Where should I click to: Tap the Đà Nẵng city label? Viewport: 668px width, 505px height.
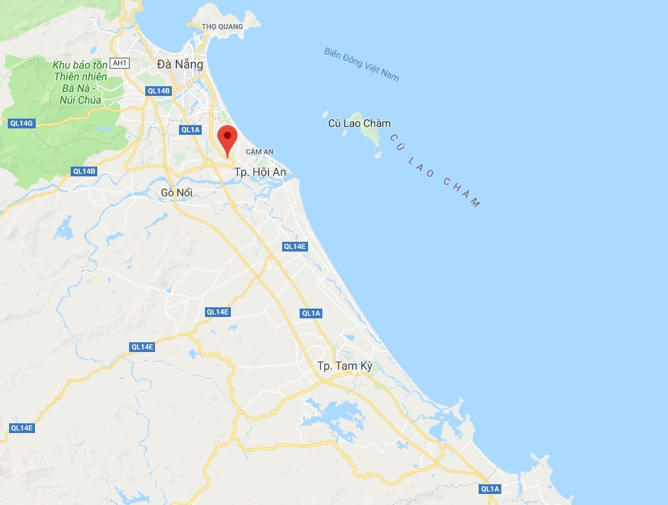(180, 64)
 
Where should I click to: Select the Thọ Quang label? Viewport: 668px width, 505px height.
(222, 27)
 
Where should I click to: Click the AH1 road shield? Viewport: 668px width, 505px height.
(120, 63)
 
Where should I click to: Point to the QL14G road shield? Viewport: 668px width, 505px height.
(21, 123)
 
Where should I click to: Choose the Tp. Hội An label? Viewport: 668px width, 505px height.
(260, 172)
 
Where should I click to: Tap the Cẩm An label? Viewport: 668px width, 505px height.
(259, 152)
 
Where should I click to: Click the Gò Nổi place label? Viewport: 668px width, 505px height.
(176, 193)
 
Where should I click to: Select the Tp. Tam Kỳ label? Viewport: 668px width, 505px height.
(345, 366)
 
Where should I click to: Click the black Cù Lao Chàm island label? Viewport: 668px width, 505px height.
(359, 123)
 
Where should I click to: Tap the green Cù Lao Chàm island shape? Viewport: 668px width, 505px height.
(372, 136)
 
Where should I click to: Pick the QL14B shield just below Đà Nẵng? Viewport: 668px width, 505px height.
(158, 91)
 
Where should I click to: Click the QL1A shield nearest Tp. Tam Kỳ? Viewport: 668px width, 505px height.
(311, 313)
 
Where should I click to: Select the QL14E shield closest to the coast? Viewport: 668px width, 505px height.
(294, 246)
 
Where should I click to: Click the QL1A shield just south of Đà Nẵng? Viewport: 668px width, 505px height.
(191, 130)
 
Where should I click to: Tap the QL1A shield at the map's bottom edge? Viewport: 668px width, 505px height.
(490, 489)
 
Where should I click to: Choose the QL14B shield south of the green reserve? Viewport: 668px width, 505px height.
(84, 171)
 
